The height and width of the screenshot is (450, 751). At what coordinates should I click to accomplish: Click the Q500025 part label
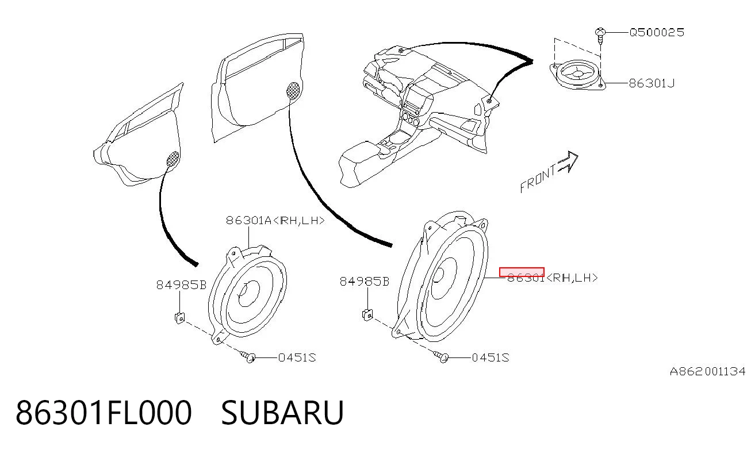pyautogui.click(x=657, y=33)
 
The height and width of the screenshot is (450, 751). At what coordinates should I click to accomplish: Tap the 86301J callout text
pyautogui.click(x=652, y=83)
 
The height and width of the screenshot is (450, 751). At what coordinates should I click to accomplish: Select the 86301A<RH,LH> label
pyautogui.click(x=275, y=221)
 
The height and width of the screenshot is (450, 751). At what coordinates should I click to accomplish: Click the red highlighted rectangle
pyautogui.click(x=522, y=272)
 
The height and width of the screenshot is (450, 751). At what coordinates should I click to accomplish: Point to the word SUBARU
pyautogui.click(x=282, y=413)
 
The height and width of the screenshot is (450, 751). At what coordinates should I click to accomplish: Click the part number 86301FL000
pyautogui.click(x=104, y=413)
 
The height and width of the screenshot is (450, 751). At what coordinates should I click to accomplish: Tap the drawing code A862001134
pyautogui.click(x=707, y=371)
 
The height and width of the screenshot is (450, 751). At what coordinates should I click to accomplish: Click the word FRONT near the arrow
pyautogui.click(x=538, y=180)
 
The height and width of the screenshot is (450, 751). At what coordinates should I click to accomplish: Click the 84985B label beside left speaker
pyautogui.click(x=181, y=285)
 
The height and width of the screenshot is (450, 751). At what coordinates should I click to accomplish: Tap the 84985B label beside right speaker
pyautogui.click(x=365, y=282)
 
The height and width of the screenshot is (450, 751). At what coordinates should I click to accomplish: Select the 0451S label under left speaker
pyautogui.click(x=297, y=357)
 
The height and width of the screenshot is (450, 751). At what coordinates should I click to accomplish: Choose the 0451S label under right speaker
pyautogui.click(x=491, y=357)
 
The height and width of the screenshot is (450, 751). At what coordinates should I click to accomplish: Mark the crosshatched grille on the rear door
pyautogui.click(x=173, y=159)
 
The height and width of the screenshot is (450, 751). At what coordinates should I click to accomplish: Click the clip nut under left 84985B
pyautogui.click(x=180, y=317)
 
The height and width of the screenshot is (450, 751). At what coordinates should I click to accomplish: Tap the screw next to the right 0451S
pyautogui.click(x=441, y=356)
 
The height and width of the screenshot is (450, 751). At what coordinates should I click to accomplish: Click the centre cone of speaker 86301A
pyautogui.click(x=248, y=293)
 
